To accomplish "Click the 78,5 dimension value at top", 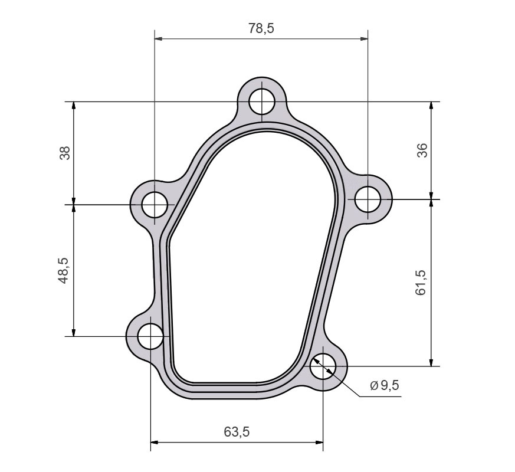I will tap(261, 28).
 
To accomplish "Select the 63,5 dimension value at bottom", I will tap(237, 431).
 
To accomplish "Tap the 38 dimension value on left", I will tap(65, 153).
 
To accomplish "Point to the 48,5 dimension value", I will tap(65, 271).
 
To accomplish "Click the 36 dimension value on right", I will tap(422, 151).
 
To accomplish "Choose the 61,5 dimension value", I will tap(422, 282).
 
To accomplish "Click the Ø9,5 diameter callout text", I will tap(385, 385).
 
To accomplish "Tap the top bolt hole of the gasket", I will tap(261, 101).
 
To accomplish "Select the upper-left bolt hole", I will tap(155, 205).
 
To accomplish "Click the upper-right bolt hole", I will tap(368, 199).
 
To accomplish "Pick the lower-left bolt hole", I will tap(150, 336).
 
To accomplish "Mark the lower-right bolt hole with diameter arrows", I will tap(323, 366).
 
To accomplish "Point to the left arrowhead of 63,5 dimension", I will tap(155, 441).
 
